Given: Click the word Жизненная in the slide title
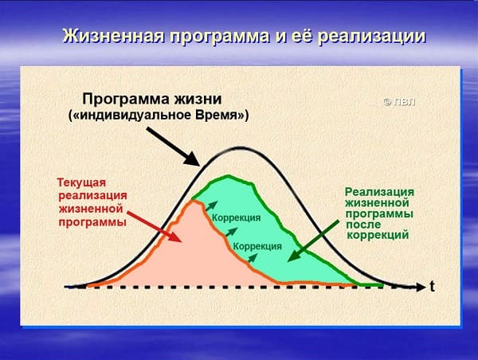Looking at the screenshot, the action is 113,37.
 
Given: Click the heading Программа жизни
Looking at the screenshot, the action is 152,100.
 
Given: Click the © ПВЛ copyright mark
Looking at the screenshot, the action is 399,102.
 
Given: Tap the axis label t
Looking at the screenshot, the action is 432,287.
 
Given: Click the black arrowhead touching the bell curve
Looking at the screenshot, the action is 193,159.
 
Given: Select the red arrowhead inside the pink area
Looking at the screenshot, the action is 174,237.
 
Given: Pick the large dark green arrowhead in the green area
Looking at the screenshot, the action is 293,256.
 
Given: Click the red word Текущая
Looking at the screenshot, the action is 82,182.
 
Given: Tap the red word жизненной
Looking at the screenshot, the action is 91,209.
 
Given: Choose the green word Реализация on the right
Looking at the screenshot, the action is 379,192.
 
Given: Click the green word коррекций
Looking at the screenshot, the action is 378,235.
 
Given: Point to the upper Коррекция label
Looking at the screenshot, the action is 237,218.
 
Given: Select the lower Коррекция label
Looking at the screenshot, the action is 257,246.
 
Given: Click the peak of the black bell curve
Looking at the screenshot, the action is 241,148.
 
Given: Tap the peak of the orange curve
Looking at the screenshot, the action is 194,201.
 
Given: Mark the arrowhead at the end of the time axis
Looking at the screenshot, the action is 421,287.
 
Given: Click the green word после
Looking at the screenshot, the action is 363,225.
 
